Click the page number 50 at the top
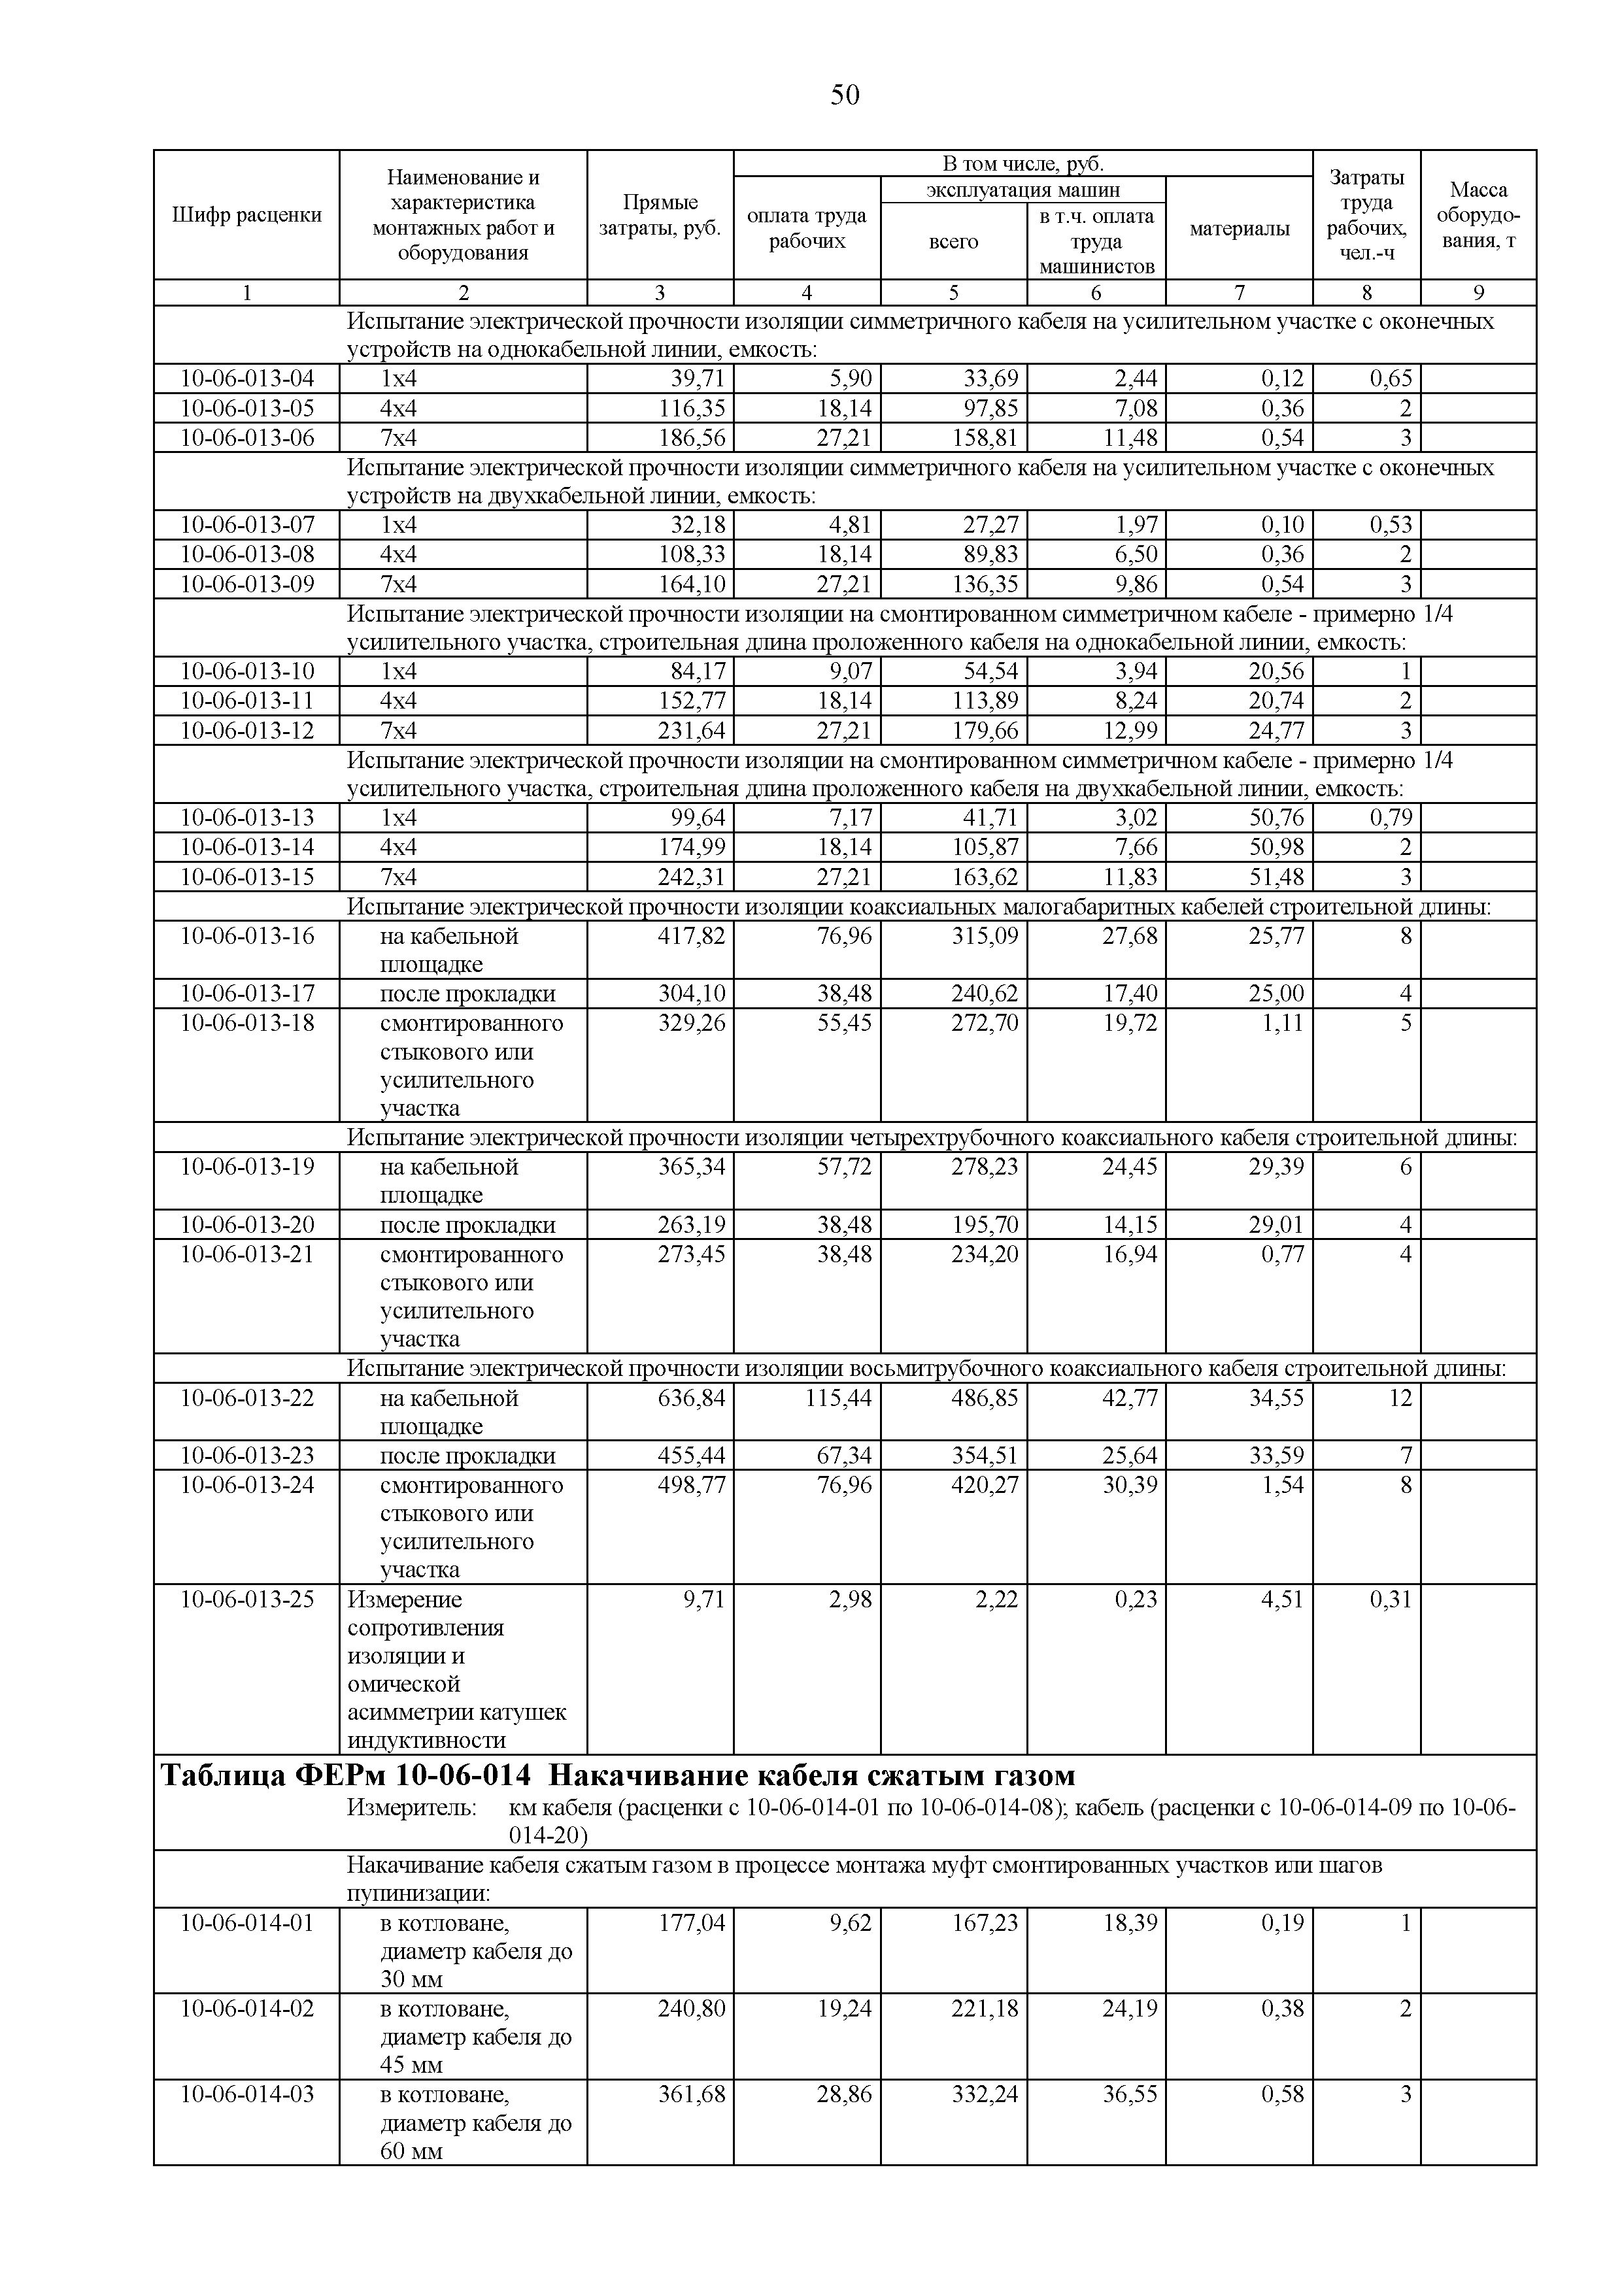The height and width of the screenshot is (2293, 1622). point(844,95)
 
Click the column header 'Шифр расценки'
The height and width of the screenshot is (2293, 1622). point(246,214)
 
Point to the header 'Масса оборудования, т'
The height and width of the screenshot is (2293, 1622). point(1478,214)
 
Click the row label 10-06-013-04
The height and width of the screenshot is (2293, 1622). point(246,378)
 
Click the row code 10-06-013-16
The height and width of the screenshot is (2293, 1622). point(246,936)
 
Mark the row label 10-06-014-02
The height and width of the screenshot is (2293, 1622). point(246,2009)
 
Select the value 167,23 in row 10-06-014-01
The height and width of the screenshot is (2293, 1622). point(985,1922)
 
